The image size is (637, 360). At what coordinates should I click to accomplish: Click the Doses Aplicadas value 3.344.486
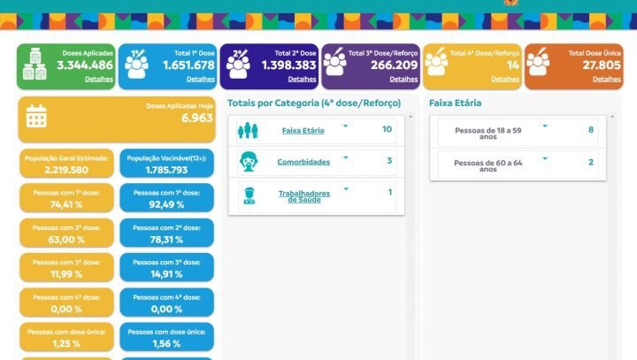(85, 65)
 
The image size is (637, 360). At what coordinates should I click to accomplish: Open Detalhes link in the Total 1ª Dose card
(201, 79)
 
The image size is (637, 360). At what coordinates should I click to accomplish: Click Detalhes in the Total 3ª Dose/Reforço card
(403, 79)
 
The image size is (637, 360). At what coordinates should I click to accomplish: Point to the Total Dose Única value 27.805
(602, 65)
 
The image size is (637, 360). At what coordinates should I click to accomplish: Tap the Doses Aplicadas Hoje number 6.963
(196, 118)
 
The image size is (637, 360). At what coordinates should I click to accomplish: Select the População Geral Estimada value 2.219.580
(67, 170)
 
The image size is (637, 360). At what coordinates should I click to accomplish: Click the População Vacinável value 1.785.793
(166, 170)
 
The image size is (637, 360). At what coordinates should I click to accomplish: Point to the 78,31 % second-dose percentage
(166, 238)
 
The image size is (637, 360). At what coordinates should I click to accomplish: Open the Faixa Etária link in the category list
(303, 130)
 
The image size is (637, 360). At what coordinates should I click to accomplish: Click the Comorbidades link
(303, 162)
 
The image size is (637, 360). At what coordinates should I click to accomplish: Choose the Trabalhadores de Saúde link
(303, 195)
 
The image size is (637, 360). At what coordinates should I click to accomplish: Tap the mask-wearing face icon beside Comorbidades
(249, 162)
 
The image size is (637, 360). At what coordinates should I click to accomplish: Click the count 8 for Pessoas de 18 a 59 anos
(591, 130)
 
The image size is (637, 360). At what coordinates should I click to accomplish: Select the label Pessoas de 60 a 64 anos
(487, 165)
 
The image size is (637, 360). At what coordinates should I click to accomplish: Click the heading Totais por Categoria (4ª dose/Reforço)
(314, 103)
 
